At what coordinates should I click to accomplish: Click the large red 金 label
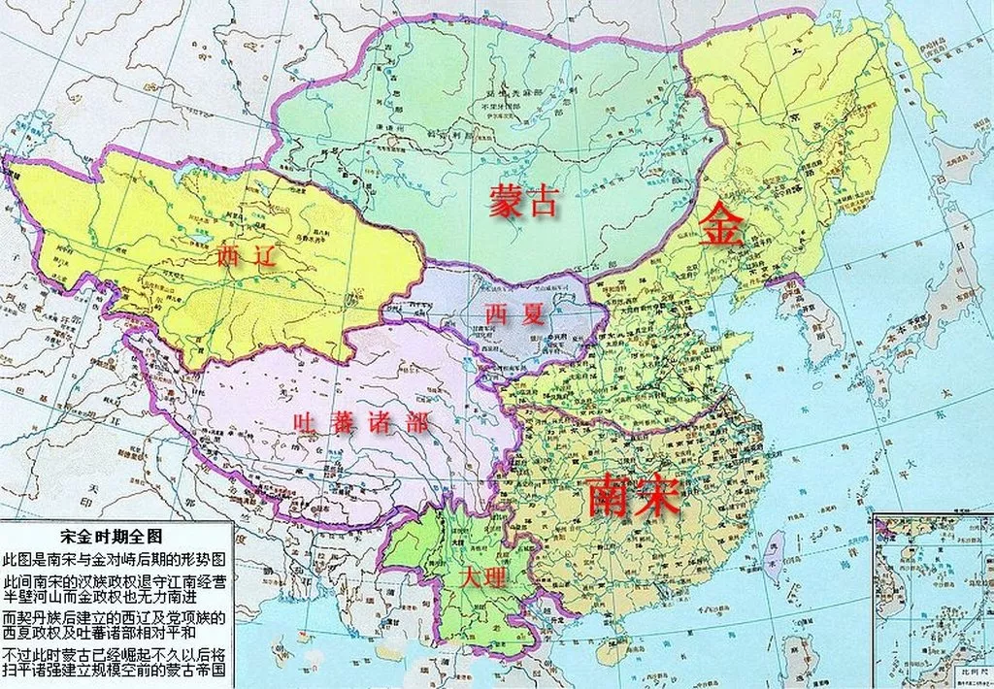click(719, 226)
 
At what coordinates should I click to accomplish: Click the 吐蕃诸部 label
click(362, 422)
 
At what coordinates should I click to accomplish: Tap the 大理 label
click(482, 577)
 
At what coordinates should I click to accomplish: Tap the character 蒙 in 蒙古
click(505, 201)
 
